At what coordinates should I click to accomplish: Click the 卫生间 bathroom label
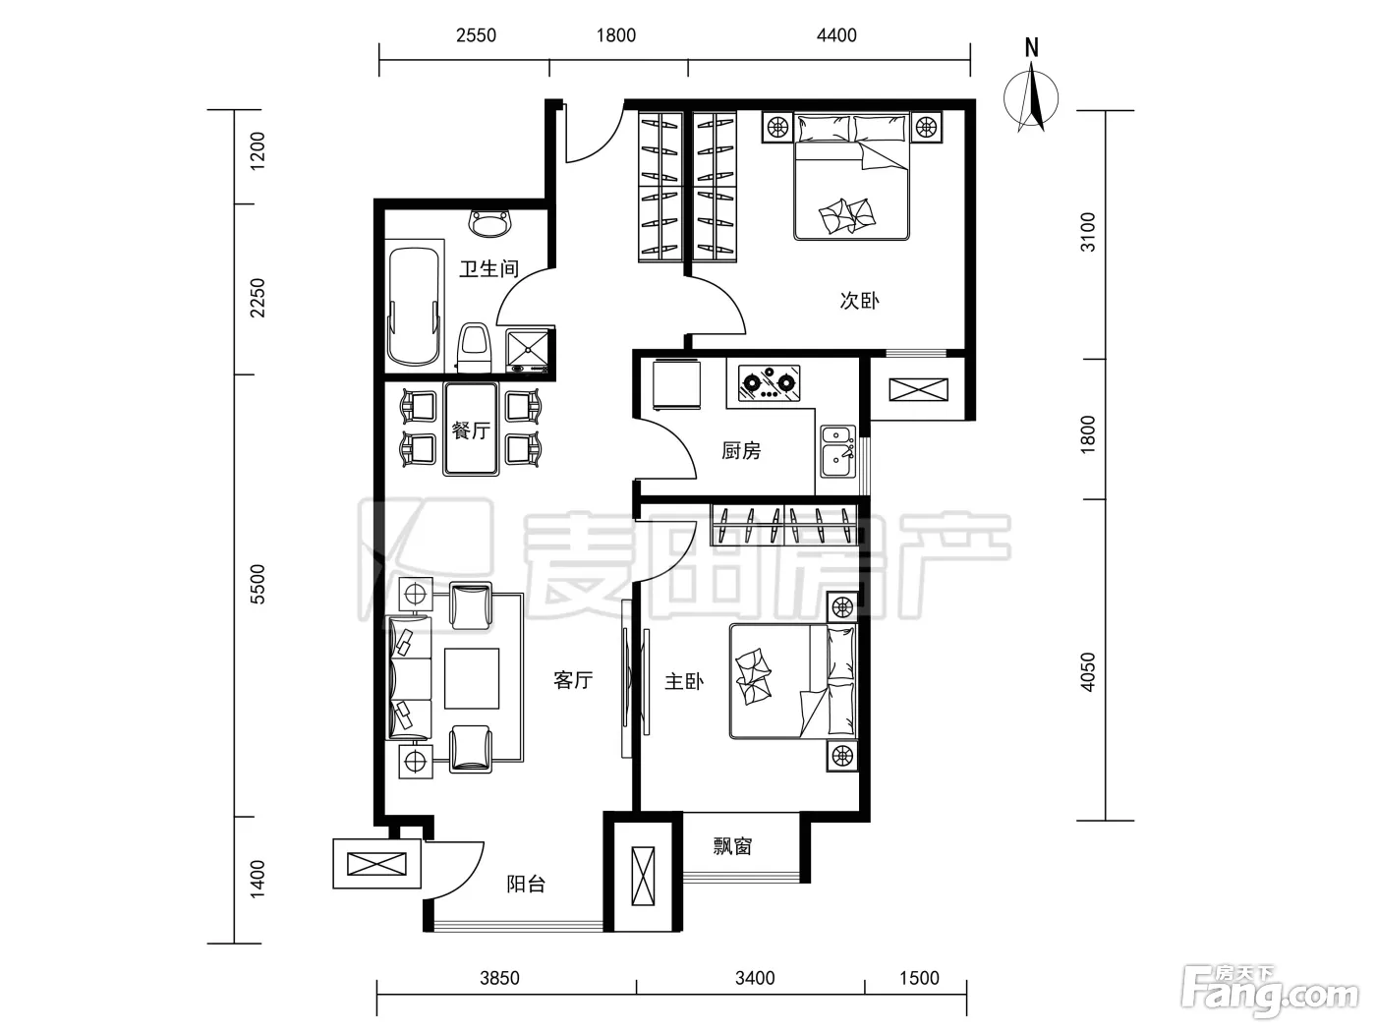coord(488,268)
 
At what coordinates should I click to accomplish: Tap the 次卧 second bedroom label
coord(859,301)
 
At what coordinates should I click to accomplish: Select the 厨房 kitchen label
coord(741,450)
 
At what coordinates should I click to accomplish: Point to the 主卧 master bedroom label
coord(684,682)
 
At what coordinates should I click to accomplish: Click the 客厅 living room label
coord(573,680)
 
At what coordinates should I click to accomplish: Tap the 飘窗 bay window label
coord(732,846)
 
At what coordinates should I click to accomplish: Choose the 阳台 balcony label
coord(526,885)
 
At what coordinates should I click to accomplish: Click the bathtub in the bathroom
coord(414,307)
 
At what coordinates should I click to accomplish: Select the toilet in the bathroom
coord(474,348)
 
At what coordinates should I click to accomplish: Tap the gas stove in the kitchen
coord(770,383)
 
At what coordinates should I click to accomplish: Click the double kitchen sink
coord(838,452)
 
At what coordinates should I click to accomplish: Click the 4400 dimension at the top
coord(836,35)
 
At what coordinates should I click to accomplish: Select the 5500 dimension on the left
coord(258,585)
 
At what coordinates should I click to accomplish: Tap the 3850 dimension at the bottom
coord(499,978)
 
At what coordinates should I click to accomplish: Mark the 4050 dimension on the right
coord(1088,672)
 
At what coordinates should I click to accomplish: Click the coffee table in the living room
coord(472,678)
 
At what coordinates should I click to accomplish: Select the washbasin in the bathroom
coord(490,224)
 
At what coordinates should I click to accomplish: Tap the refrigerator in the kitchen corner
coord(676,384)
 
